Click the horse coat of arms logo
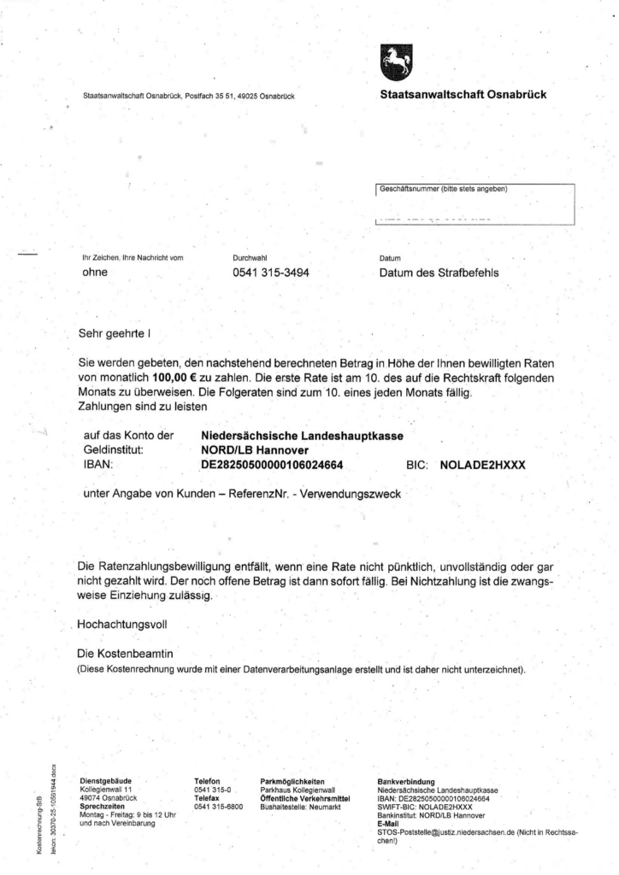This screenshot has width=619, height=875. (395, 62)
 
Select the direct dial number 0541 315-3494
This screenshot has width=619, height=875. (270, 273)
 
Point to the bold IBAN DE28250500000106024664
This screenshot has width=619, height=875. (272, 465)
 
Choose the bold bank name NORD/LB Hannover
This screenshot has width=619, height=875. (254, 450)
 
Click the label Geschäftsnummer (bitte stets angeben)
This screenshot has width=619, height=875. (443, 190)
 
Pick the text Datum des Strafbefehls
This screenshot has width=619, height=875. (439, 273)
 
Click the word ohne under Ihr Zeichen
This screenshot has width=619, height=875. (94, 273)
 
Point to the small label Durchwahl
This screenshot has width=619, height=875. (250, 257)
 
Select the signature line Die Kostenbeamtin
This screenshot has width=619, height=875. (125, 654)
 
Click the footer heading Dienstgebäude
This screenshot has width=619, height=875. (103, 781)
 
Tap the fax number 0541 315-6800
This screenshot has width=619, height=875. (219, 806)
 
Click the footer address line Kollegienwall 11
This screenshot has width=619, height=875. (106, 790)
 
